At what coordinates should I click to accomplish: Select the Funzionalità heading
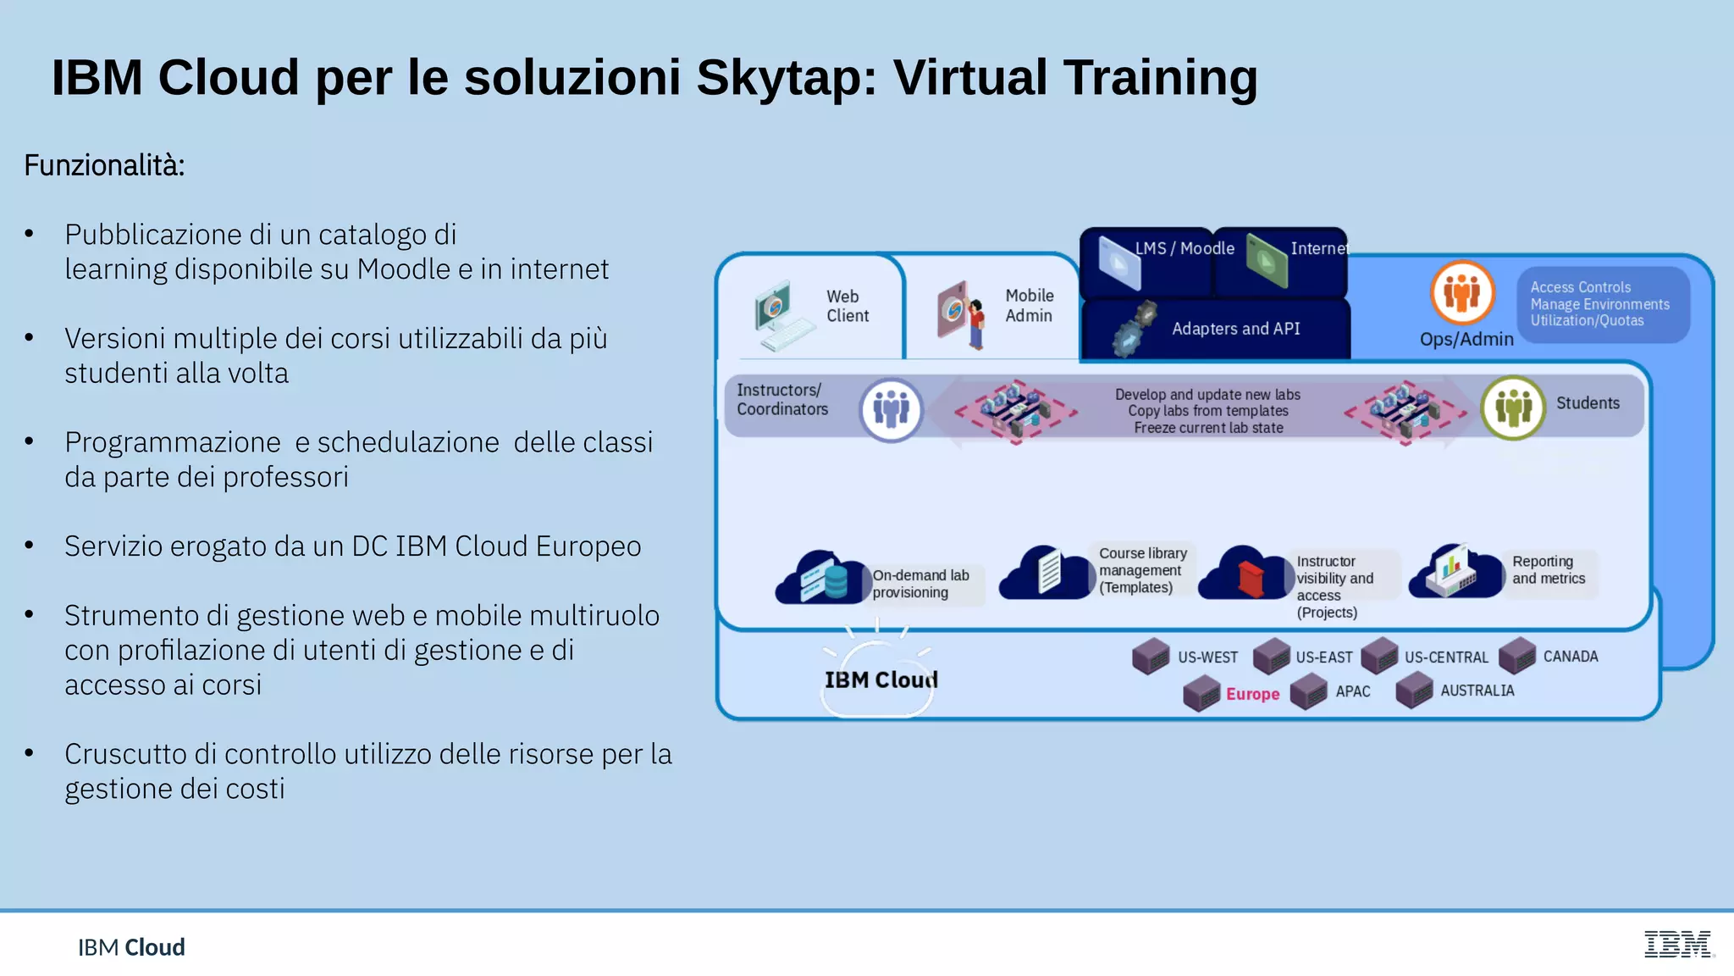104,165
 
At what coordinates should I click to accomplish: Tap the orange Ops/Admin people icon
1462,293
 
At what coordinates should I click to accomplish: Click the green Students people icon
1513,408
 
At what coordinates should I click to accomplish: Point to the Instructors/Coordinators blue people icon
891,410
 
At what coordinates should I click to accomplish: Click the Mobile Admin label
1029,306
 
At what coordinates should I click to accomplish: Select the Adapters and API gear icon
1134,330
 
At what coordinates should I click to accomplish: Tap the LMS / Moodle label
1184,248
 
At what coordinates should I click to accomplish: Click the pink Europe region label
1252,694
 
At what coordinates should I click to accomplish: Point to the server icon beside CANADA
1517,656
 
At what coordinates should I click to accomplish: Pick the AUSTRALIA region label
1477,690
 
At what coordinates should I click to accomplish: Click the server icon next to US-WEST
1151,657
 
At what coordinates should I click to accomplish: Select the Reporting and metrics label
1549,570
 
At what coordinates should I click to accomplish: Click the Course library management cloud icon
1046,573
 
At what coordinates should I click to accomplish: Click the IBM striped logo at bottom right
1678,944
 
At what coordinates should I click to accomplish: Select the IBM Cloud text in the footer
131,947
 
